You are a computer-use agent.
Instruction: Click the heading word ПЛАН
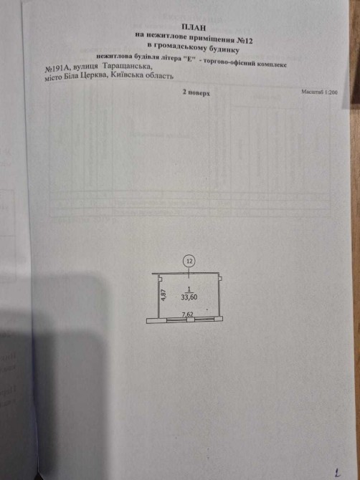click(192, 27)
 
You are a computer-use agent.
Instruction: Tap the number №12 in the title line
click(245, 40)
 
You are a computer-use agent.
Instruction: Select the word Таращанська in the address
click(127, 66)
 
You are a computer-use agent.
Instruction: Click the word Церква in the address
click(91, 76)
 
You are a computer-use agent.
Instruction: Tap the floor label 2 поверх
click(196, 92)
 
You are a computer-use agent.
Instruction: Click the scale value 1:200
click(331, 92)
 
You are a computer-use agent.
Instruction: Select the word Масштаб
click(312, 92)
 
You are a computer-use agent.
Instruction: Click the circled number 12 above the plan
click(189, 261)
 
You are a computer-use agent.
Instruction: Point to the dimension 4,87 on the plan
click(164, 295)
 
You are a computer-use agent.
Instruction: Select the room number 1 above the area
click(189, 289)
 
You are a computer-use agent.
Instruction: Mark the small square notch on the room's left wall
click(160, 278)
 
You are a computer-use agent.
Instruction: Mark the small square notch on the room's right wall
click(220, 278)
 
